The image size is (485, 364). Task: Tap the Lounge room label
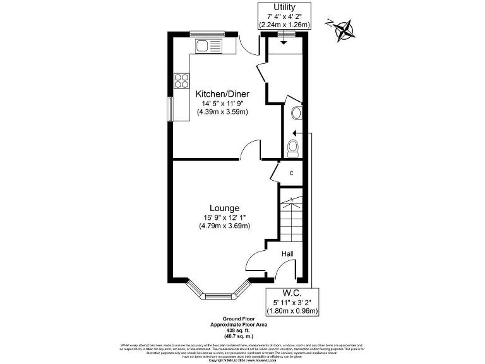pyautogui.click(x=224, y=207)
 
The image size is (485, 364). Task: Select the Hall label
pyautogui.click(x=288, y=253)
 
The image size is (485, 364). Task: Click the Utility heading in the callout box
pyautogui.click(x=284, y=8)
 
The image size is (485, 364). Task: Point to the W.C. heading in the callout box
pyautogui.click(x=292, y=293)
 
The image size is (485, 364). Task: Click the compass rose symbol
pyautogui.click(x=344, y=29)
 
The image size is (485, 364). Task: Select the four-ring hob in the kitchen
pyautogui.click(x=182, y=80)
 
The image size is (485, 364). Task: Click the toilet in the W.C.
pyautogui.click(x=292, y=148)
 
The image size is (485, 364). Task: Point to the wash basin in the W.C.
pyautogui.click(x=297, y=114)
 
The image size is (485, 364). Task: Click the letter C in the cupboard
pyautogui.click(x=291, y=173)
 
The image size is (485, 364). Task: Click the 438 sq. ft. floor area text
pyautogui.click(x=239, y=329)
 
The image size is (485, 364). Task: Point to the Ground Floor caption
pyautogui.click(x=239, y=318)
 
